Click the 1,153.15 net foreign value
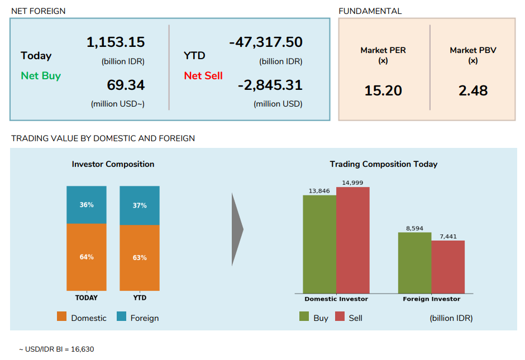pos(115,42)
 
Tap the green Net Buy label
pos(41,76)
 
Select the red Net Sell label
pos(203,76)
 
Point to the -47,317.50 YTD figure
pos(265,42)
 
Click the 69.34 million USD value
pos(126,85)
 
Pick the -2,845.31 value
pos(270,85)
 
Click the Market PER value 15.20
pos(383,90)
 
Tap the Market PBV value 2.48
pos(473,90)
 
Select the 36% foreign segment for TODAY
pos(87,205)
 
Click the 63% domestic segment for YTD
pos(140,257)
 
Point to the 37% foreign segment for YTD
pos(140,205)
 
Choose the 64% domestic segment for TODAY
pos(87,257)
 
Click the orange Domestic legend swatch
pos(62,317)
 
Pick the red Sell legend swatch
pos(340,317)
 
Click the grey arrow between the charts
pos(237,229)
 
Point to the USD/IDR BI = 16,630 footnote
pos(56,349)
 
